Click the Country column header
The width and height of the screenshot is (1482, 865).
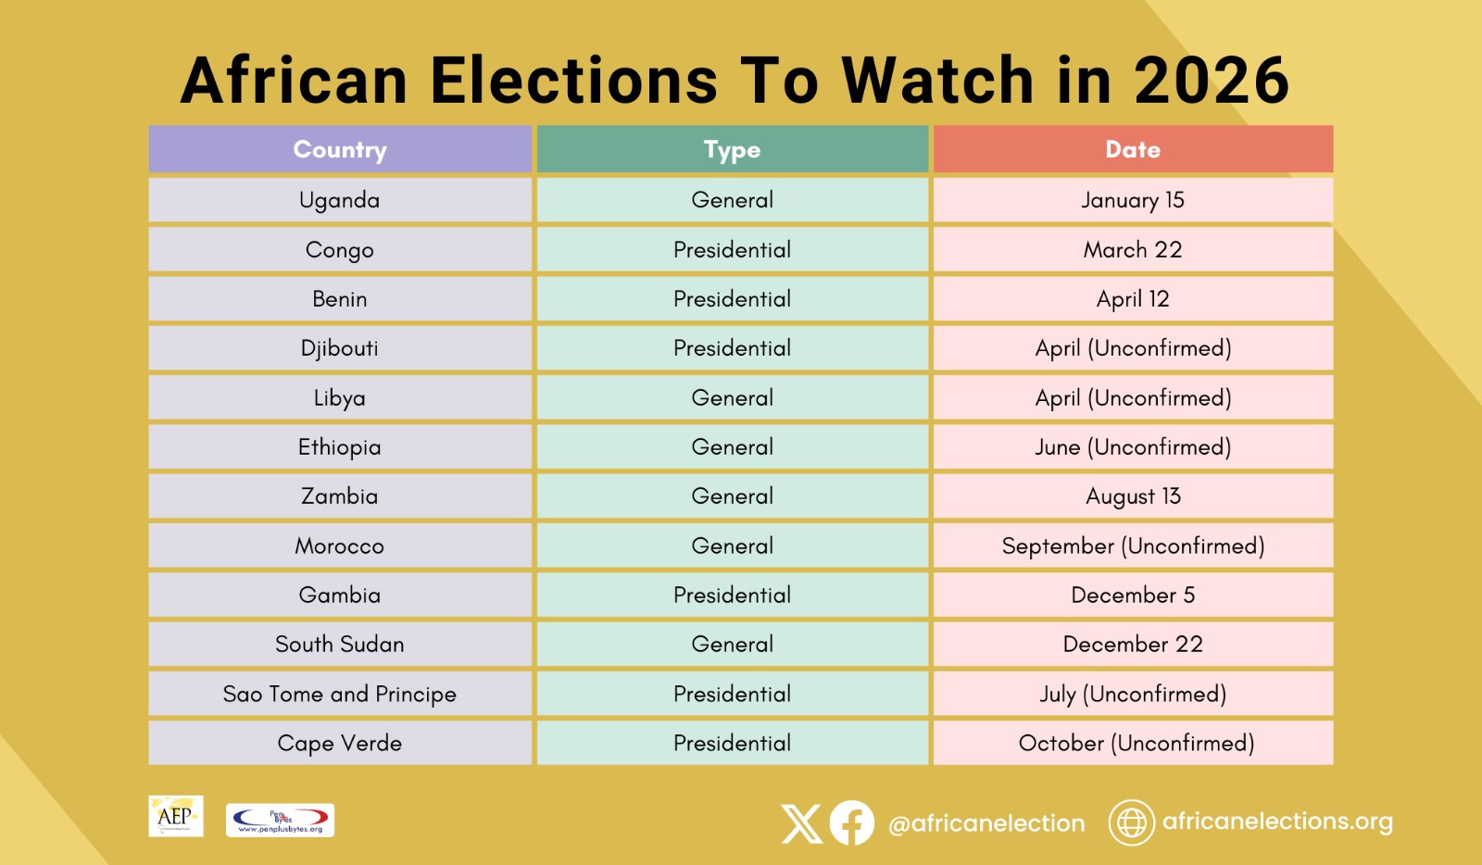(x=340, y=149)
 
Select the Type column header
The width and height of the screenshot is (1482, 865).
(x=732, y=149)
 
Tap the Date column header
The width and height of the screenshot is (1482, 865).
(x=1133, y=149)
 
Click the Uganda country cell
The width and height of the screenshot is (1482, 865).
(x=340, y=200)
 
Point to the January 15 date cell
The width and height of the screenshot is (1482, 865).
(x=1133, y=200)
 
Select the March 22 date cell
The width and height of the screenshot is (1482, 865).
(x=1133, y=250)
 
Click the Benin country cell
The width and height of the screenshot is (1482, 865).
(x=340, y=299)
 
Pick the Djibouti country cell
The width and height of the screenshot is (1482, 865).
(x=340, y=348)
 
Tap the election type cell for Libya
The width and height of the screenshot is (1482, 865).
(x=732, y=398)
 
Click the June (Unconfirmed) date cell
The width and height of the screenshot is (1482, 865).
(x=1133, y=447)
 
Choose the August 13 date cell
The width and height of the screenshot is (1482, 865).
(x=1133, y=496)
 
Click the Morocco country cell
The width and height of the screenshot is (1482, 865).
(x=340, y=546)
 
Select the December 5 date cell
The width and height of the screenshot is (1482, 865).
(x=1133, y=595)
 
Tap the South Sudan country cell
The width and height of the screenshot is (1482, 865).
(x=340, y=645)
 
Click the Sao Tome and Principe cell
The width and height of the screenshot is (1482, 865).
(x=340, y=695)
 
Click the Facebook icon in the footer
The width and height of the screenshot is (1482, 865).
(x=851, y=822)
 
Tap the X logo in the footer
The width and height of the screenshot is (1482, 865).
(x=801, y=823)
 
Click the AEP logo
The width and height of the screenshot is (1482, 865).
(x=175, y=816)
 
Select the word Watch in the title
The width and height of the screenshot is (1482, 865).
(x=936, y=80)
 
